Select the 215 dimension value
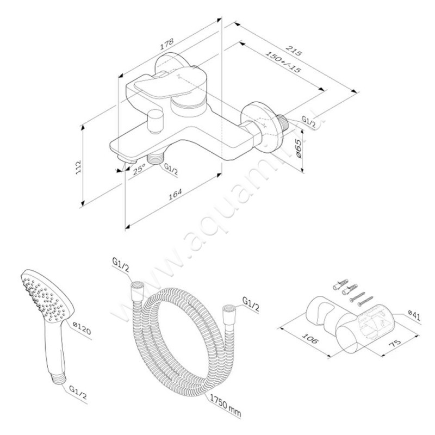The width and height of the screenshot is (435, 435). coord(294,52)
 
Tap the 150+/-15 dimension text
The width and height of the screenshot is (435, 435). coord(284,63)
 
